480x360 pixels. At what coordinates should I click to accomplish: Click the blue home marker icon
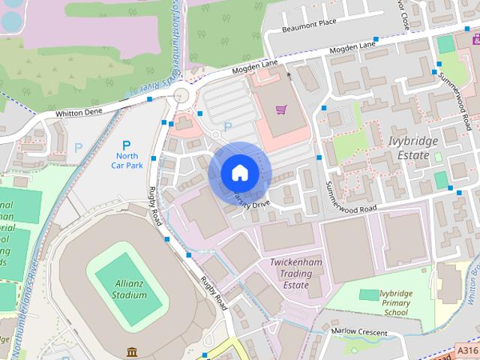point(238,172)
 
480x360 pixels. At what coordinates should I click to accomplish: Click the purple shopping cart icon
point(281,110)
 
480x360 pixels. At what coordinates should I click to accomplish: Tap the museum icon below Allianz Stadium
point(132,351)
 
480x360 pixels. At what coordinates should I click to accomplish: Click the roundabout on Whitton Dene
point(181,95)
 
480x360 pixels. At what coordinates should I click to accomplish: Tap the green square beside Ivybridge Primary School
point(367,294)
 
